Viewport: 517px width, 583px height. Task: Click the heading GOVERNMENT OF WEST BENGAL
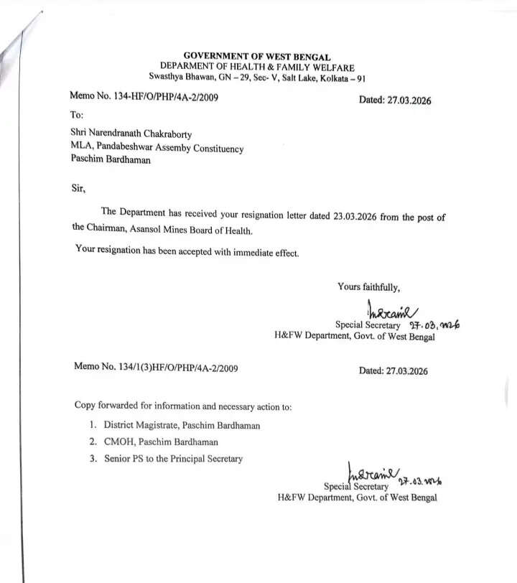258,56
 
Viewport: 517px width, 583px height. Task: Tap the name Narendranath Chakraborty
141,134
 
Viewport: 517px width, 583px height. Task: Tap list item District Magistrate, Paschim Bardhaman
182,425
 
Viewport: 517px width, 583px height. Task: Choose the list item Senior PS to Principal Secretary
173,459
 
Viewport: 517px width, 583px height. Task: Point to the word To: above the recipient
77,115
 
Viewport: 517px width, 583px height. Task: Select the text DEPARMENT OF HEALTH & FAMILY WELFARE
258,66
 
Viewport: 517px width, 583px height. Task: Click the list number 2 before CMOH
93,442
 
